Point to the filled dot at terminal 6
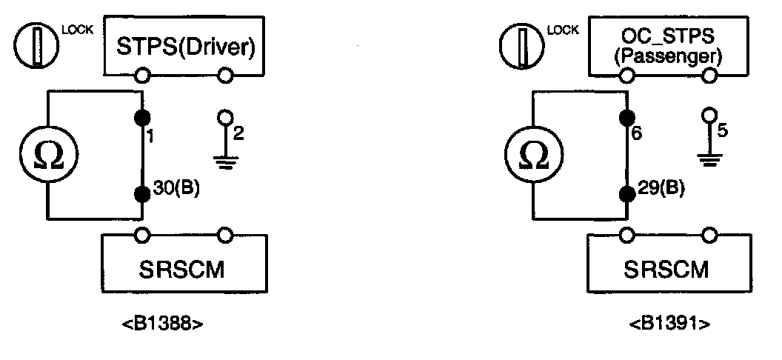(x=628, y=116)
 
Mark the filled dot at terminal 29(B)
(x=628, y=193)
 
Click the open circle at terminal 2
(x=224, y=118)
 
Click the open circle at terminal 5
(x=709, y=116)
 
